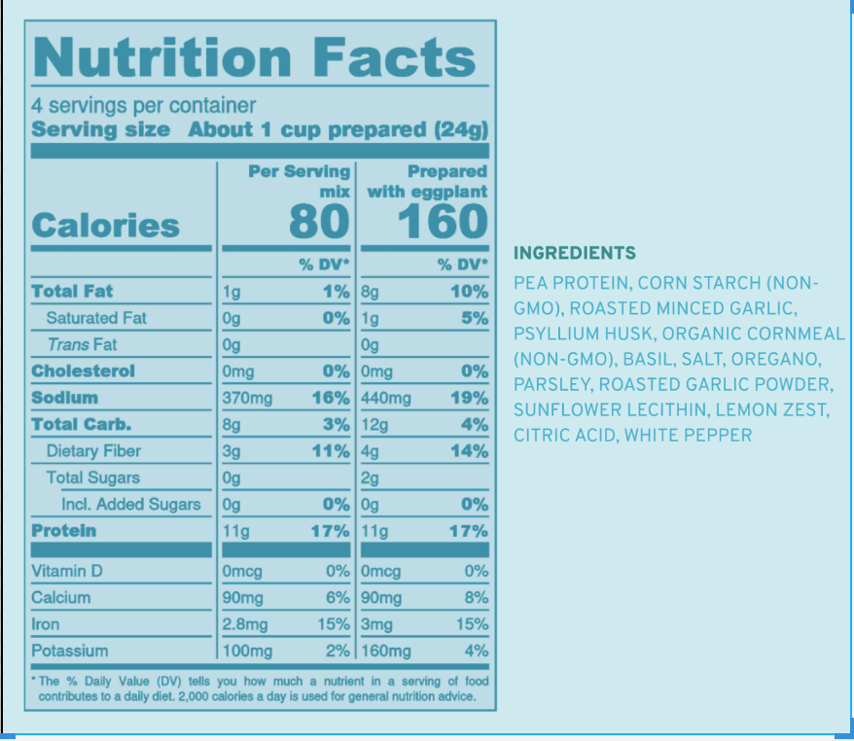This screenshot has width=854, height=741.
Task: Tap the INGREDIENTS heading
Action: (x=574, y=254)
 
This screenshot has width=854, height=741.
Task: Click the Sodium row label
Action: (x=64, y=398)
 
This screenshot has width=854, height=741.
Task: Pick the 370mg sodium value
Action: (x=247, y=398)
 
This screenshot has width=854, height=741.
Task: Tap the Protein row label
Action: (x=63, y=531)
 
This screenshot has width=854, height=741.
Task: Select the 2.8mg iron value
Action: (x=244, y=624)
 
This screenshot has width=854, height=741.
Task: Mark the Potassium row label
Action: (x=69, y=651)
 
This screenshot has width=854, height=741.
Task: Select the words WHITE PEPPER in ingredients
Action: (x=688, y=435)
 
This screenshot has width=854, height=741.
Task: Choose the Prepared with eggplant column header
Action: (x=427, y=181)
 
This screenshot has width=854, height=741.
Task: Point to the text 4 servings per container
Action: (x=143, y=105)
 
